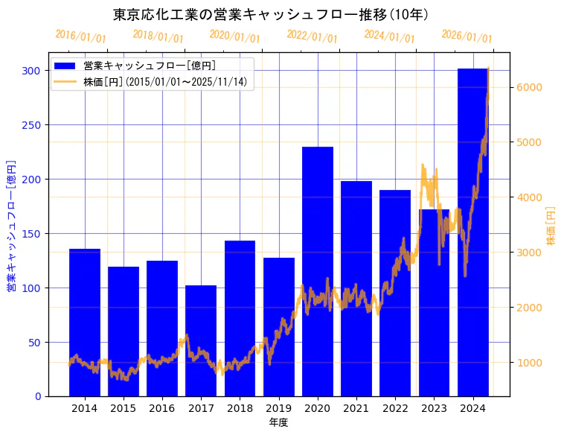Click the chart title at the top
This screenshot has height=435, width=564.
coord(271,14)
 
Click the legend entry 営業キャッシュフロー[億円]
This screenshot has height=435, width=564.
coord(150,66)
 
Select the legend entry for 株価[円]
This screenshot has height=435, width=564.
coord(164,82)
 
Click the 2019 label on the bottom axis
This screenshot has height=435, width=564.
coord(278,408)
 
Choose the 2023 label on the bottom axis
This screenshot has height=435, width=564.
coord(434,408)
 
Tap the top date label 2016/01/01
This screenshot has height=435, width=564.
coord(81,36)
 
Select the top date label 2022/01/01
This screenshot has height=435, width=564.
coord(313,36)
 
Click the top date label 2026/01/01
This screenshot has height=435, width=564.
coord(467,36)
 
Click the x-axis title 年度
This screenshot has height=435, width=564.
coord(278,422)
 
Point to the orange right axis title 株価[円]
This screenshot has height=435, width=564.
coord(551,226)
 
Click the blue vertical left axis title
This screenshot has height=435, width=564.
coord(11,226)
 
